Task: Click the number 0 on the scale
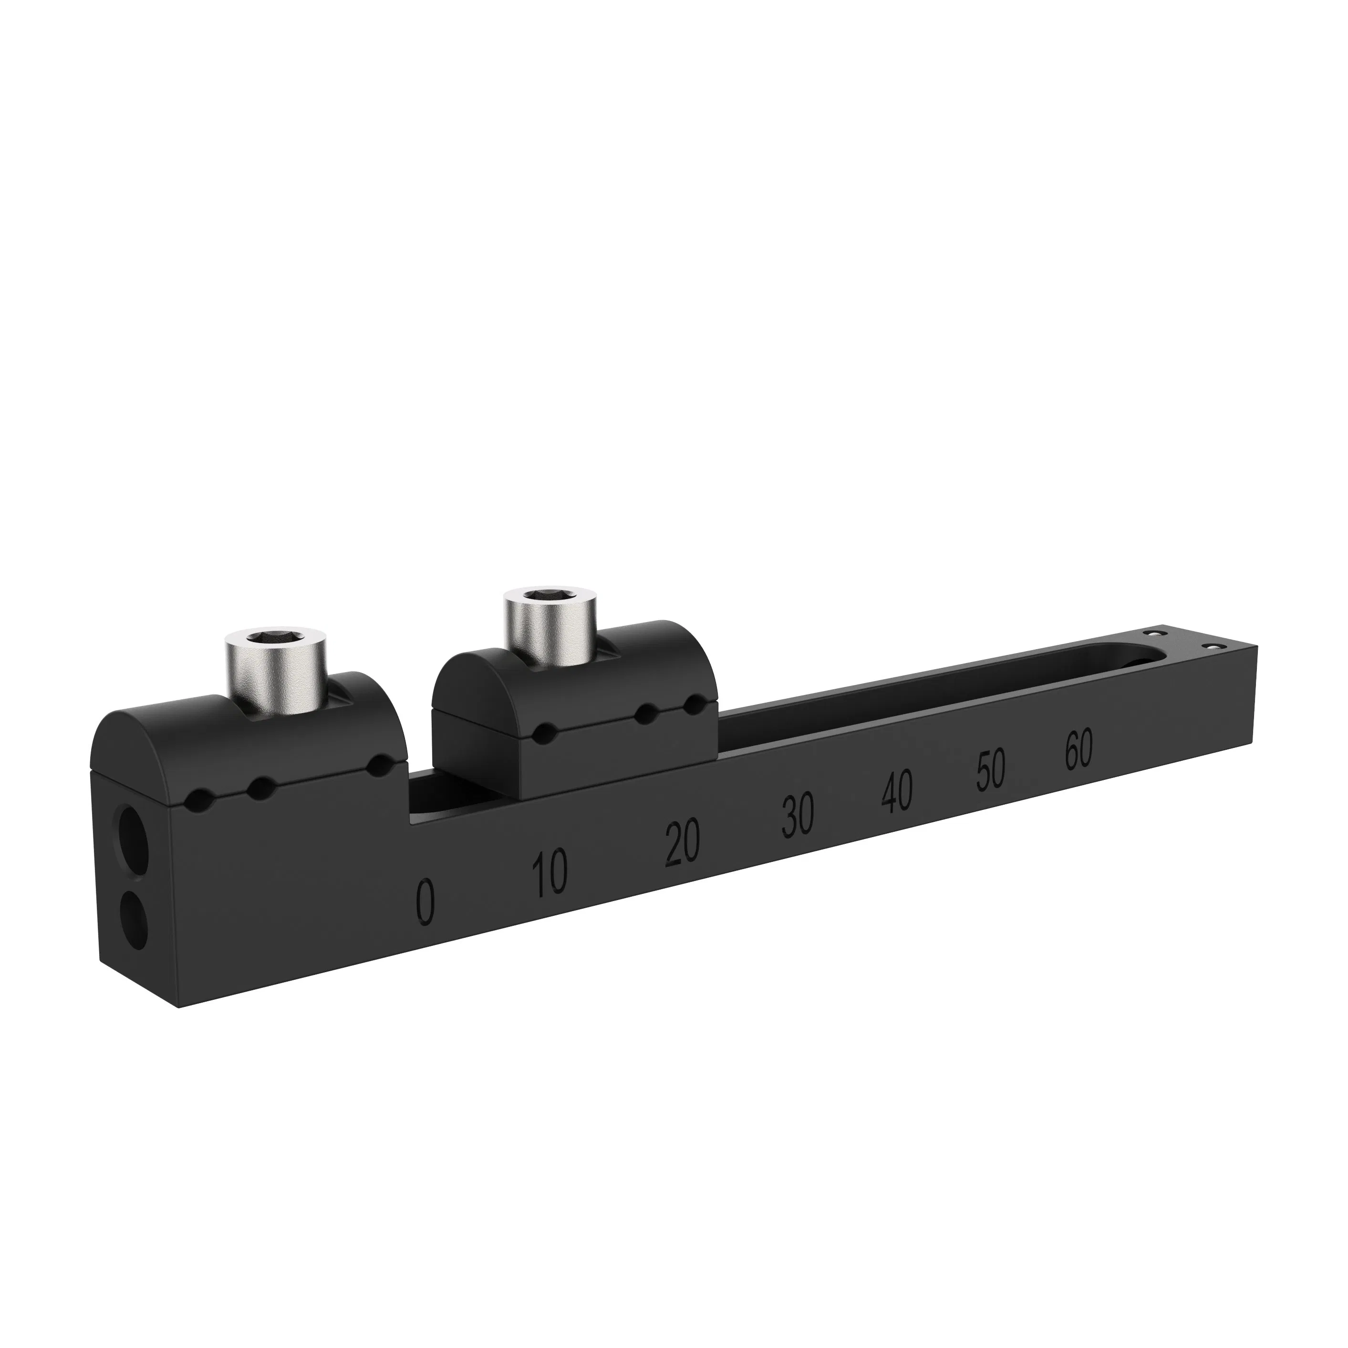425,902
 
